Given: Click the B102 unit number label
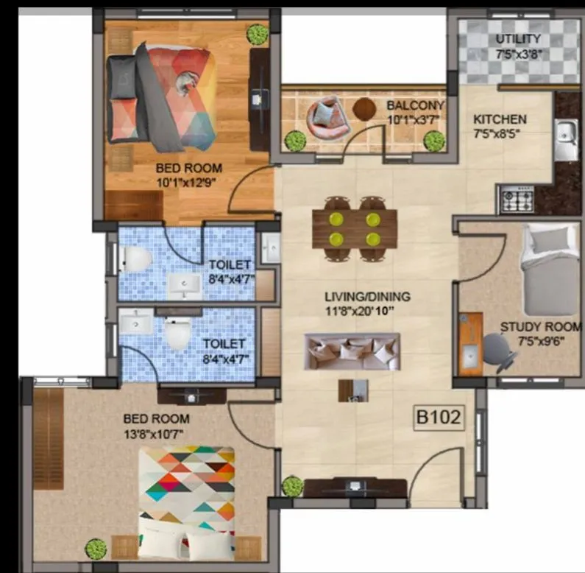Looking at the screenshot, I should [439, 418].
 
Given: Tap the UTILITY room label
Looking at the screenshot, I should [518, 38].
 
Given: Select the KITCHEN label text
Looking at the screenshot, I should [500, 119].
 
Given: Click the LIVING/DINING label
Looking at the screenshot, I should [367, 297].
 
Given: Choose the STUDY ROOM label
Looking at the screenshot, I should [540, 327].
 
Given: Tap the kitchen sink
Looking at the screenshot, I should [566, 141].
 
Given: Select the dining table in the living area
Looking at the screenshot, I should [355, 229].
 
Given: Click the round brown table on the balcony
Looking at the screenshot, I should [364, 109].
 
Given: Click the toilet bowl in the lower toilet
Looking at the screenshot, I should [176, 336].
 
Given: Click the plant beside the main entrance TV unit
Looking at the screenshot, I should [292, 486].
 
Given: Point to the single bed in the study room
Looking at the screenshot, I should [548, 268].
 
